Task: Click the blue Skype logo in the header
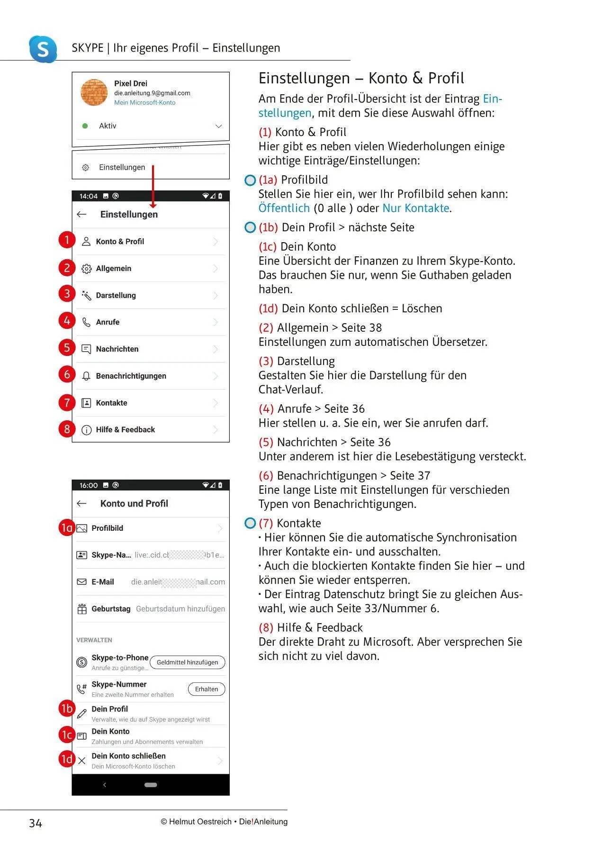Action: pyautogui.click(x=43, y=48)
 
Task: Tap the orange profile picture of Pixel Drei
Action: pyautogui.click(x=94, y=92)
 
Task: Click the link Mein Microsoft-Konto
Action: pyautogui.click(x=144, y=103)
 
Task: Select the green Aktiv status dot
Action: pyautogui.click(x=85, y=126)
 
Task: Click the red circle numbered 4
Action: pyautogui.click(x=67, y=321)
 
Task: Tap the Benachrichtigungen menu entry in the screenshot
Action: pyautogui.click(x=131, y=376)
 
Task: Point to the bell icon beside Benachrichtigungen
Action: pyautogui.click(x=86, y=376)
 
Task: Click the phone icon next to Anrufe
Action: pyautogui.click(x=86, y=322)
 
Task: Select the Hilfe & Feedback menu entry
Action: pyautogui.click(x=125, y=430)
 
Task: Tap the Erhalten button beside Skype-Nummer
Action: pyautogui.click(x=207, y=690)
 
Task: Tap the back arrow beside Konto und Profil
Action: pyautogui.click(x=81, y=504)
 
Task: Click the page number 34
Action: pyautogui.click(x=36, y=824)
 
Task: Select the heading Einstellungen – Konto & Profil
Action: pyautogui.click(x=361, y=78)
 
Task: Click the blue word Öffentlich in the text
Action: pyautogui.click(x=284, y=209)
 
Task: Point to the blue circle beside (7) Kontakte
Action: pyautogui.click(x=250, y=523)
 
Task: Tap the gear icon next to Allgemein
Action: pyautogui.click(x=86, y=269)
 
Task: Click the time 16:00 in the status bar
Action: pyautogui.click(x=89, y=485)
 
